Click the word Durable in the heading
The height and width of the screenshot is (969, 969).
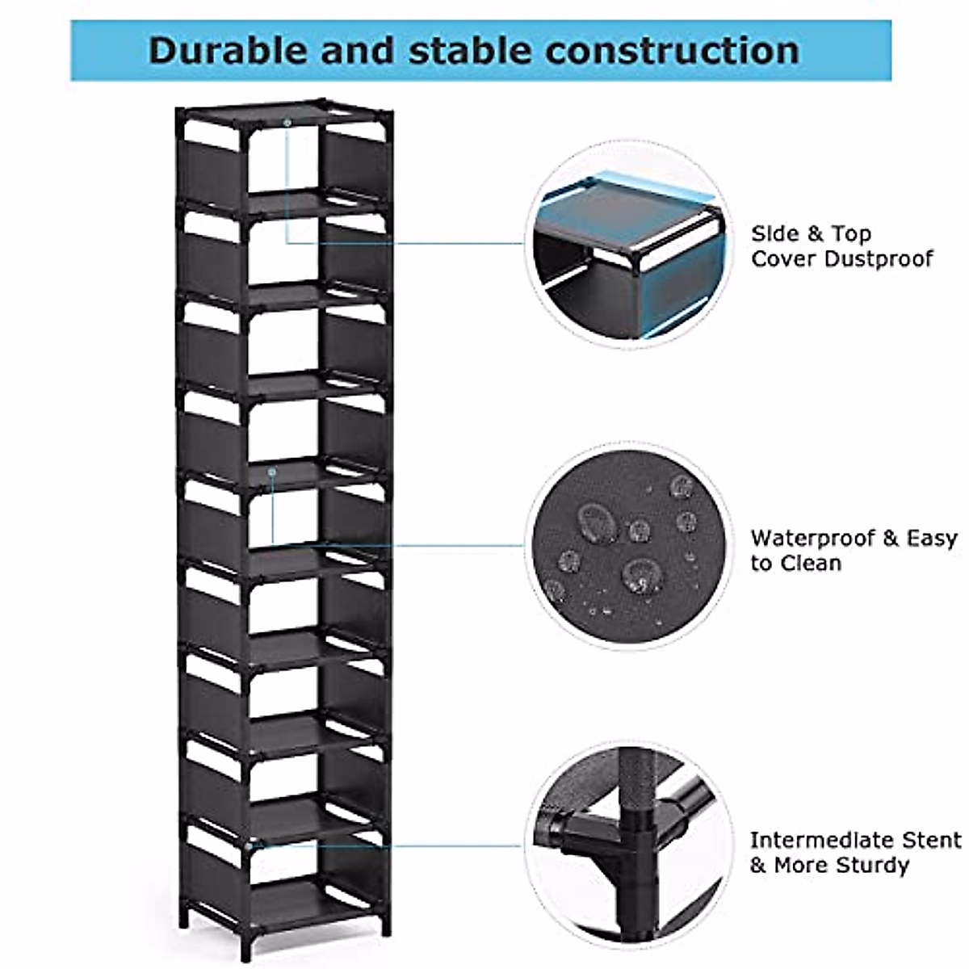[228, 50]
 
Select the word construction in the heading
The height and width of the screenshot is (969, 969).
[672, 50]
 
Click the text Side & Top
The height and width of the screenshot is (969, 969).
[811, 234]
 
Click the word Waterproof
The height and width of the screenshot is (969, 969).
[812, 539]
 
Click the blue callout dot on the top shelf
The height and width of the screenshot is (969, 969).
[287, 122]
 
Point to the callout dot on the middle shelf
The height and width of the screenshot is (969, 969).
[273, 471]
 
